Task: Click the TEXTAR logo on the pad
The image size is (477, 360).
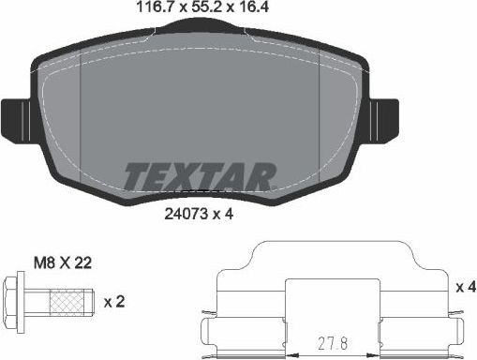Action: [x=199, y=174]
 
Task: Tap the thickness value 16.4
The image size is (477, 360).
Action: [x=248, y=8]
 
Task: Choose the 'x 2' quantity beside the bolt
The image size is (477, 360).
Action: [x=113, y=303]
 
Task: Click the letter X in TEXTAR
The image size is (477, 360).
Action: [x=186, y=175]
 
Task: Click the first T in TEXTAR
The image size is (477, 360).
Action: [x=137, y=175]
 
